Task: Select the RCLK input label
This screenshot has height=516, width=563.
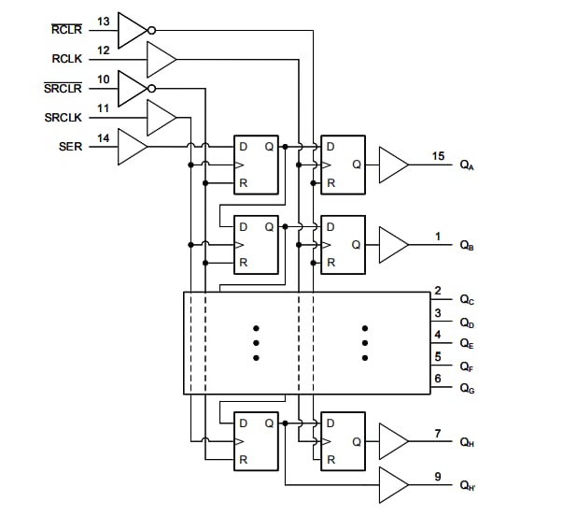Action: click(x=67, y=59)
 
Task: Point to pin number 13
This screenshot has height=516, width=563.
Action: click(x=104, y=20)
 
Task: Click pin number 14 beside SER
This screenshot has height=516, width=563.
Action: click(x=104, y=138)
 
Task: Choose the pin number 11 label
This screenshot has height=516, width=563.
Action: click(x=104, y=108)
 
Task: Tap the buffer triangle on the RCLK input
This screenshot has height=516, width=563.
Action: click(x=161, y=60)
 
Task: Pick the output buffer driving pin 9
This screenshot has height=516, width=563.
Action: click(x=392, y=484)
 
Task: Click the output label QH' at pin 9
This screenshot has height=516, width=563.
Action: click(x=468, y=485)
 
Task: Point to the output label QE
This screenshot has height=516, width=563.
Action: click(x=467, y=344)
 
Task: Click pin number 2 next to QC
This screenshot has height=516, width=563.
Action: click(x=437, y=292)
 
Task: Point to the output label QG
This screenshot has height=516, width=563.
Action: click(x=467, y=388)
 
